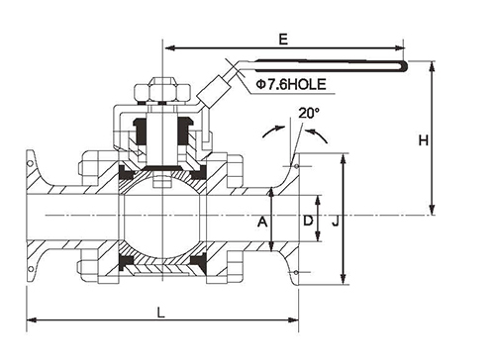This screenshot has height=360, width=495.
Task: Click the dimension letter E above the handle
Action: click(283, 40)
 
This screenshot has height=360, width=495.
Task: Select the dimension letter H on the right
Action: click(424, 140)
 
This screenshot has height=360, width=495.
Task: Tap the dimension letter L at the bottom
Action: click(160, 312)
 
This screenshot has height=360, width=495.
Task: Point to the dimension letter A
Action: click(262, 222)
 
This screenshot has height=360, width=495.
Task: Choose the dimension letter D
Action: click(308, 221)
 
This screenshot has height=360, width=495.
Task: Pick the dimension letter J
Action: click(336, 221)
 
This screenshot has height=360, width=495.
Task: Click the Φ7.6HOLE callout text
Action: click(291, 85)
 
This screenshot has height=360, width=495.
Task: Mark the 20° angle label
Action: click(309, 113)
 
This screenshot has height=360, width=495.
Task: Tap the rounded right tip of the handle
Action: click(406, 66)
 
